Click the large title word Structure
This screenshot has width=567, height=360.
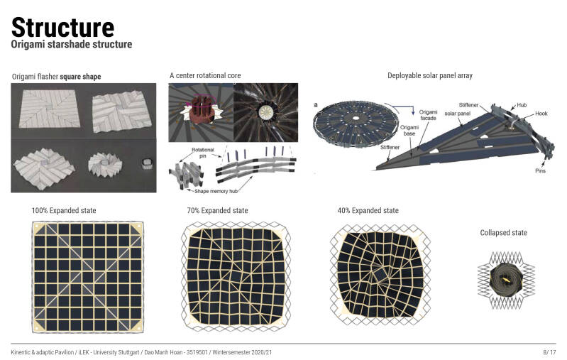(x=63, y=28)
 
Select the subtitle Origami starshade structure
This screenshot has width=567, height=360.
(x=72, y=44)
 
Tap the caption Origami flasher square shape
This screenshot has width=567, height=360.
(x=56, y=77)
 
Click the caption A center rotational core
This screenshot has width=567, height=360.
(x=205, y=75)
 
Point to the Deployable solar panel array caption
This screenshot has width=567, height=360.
(x=430, y=75)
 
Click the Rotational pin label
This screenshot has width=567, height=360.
(x=202, y=153)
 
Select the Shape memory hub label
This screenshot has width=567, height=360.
(x=216, y=191)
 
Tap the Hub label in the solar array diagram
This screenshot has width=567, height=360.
(x=522, y=105)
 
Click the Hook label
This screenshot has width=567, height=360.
(x=541, y=113)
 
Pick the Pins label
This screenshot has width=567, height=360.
(x=540, y=171)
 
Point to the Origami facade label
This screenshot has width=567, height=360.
(x=428, y=115)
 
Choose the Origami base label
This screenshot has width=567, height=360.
(x=409, y=130)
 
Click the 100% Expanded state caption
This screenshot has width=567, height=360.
(x=64, y=211)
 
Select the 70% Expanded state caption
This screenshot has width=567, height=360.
(x=217, y=211)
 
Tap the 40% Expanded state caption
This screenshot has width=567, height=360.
(x=368, y=211)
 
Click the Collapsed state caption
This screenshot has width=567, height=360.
(x=503, y=233)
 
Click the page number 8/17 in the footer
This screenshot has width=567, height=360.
(x=549, y=352)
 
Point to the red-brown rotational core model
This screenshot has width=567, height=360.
(x=201, y=109)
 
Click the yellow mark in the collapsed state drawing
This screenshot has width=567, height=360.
(x=505, y=279)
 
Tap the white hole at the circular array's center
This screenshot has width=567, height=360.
(x=356, y=119)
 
